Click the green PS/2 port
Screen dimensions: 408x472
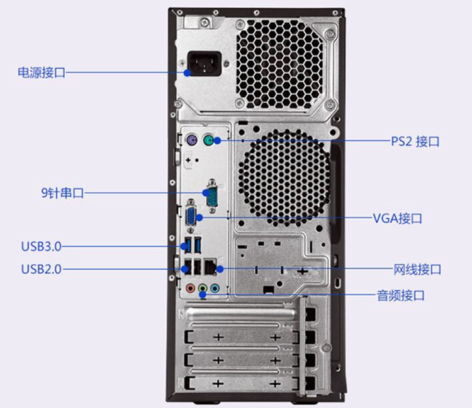(212, 141)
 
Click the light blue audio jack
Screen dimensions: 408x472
(215, 289)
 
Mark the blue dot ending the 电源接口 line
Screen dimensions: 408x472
(189, 73)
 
